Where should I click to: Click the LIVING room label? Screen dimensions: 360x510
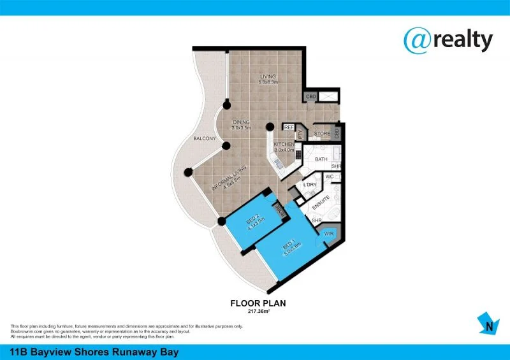point(268,77)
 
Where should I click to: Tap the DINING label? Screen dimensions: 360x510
point(240,122)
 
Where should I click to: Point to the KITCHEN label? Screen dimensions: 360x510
point(284,145)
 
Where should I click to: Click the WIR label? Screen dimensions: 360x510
point(329,234)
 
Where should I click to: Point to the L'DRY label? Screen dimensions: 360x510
point(310,185)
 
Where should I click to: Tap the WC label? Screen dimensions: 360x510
point(330,176)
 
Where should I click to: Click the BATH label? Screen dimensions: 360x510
point(321,159)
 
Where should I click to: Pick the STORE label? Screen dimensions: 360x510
point(322,134)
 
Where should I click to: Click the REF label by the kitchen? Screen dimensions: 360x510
point(289,127)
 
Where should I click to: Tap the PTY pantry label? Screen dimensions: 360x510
point(299,133)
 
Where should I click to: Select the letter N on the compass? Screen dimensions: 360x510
point(489,328)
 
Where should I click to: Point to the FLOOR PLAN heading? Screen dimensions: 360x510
point(258,303)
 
